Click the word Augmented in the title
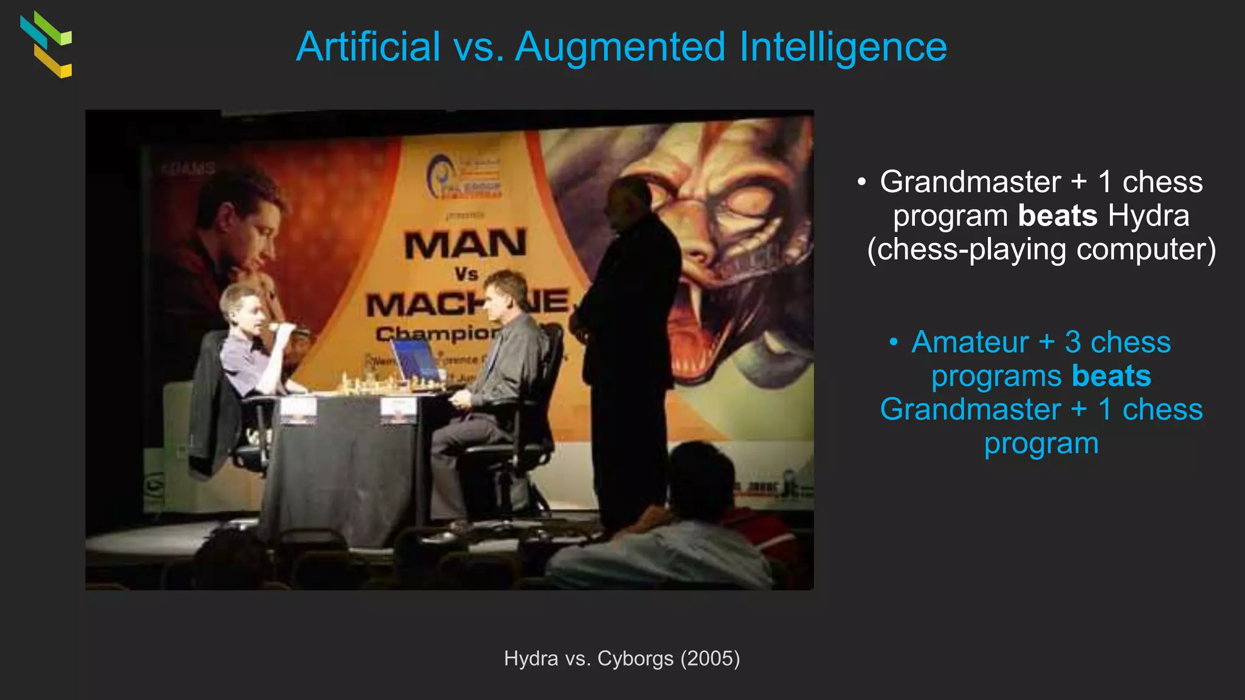tap(620, 47)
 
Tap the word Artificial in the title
tap(368, 47)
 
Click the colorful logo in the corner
tap(46, 44)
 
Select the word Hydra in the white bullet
tap(1148, 216)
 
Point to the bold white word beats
tap(1057, 216)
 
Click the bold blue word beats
tap(1111, 376)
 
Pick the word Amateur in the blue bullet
tap(970, 342)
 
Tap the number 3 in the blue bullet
tap(1073, 342)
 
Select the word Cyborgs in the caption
tap(635, 659)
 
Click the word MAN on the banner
tap(465, 244)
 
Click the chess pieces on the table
tap(389, 384)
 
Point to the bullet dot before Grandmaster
tap(861, 182)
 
